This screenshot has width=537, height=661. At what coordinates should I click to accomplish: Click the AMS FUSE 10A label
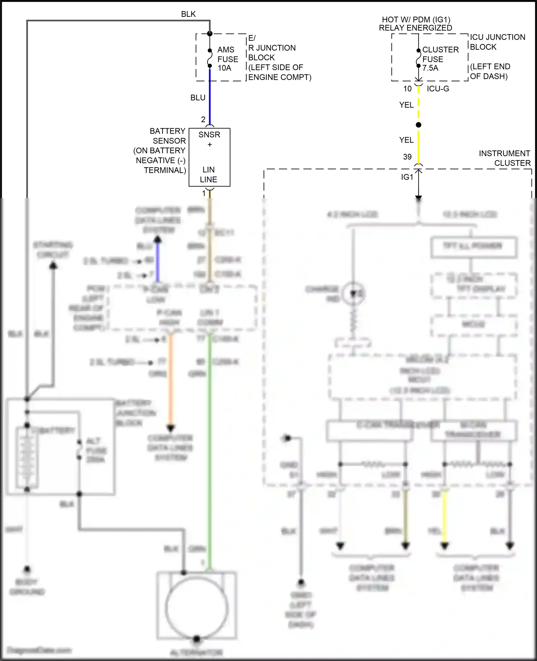coord(227,59)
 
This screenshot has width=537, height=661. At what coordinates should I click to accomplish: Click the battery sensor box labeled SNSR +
coord(209,140)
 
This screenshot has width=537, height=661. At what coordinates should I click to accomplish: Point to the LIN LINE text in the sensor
coord(209,174)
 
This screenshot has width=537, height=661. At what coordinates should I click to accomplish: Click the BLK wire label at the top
coord(188,14)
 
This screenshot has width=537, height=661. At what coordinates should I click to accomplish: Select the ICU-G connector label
coord(438,88)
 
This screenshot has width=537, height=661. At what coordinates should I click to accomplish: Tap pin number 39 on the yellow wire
coord(407,157)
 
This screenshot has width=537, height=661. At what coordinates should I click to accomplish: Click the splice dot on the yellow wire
coord(419,125)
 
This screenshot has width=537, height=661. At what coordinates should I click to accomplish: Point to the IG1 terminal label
coord(407,177)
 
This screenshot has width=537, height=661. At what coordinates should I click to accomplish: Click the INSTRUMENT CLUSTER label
coord(504,158)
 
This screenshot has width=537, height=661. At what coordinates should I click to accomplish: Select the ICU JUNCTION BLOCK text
coord(497,42)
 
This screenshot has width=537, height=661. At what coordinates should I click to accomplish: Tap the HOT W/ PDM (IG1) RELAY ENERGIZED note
coord(415,24)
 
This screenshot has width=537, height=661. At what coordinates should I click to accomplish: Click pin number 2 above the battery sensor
coord(203,119)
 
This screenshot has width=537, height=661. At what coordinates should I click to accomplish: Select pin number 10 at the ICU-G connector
coord(407,89)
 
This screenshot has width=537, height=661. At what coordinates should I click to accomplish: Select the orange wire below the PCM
coord(171,380)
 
